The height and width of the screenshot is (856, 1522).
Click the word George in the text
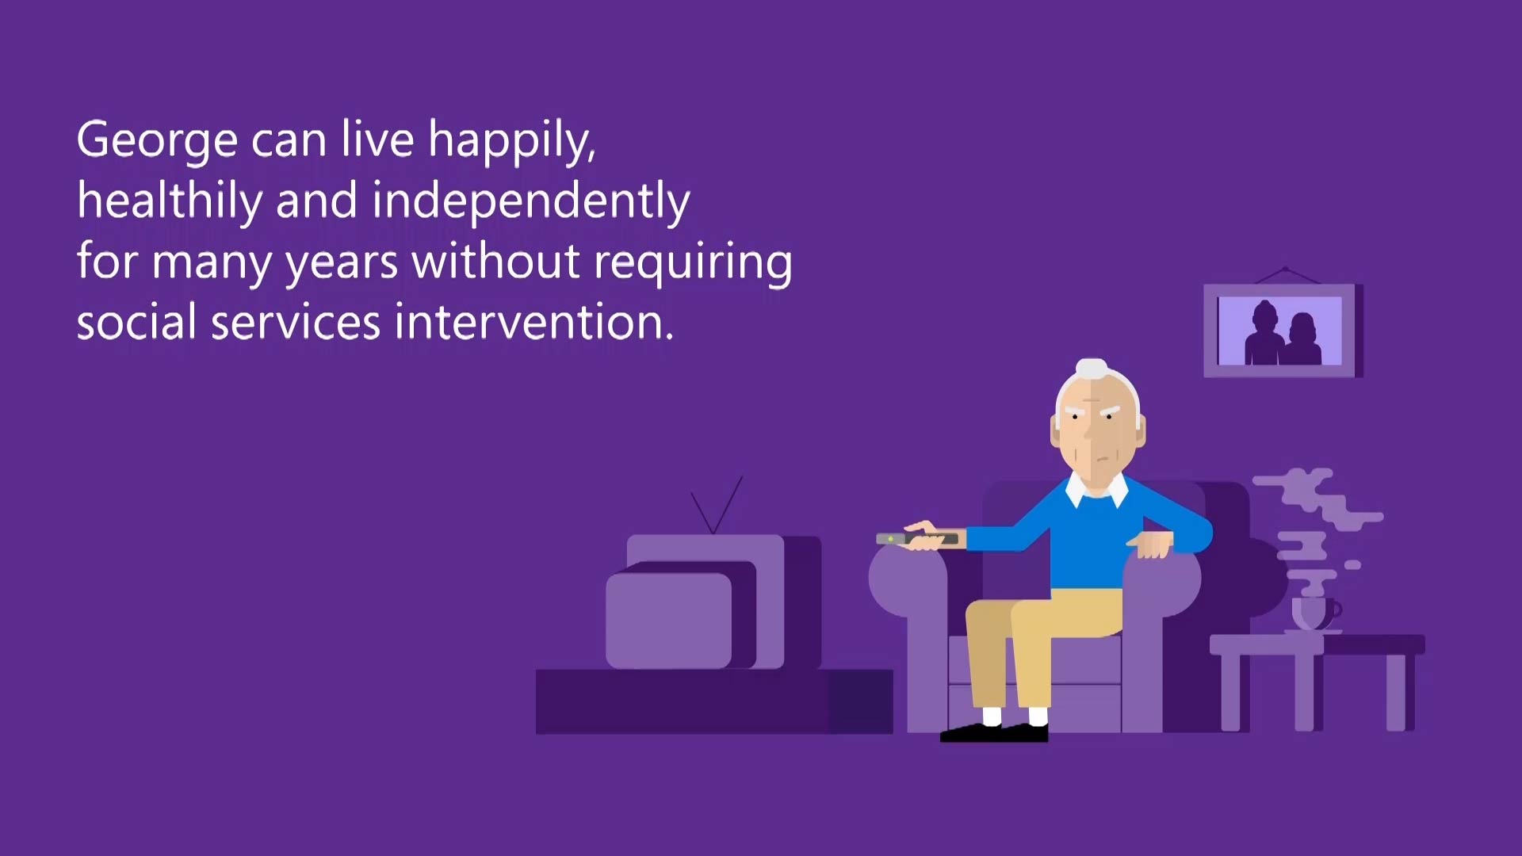(157, 140)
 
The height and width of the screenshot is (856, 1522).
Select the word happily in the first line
(512, 140)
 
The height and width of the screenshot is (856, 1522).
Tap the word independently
(531, 201)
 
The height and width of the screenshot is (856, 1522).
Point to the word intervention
(533, 323)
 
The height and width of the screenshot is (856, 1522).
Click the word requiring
(693, 262)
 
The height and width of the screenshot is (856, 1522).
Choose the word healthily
(170, 201)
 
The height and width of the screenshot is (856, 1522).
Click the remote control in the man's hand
(917, 539)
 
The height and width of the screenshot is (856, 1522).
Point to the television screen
(668, 621)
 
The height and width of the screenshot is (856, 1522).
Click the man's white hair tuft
(1092, 369)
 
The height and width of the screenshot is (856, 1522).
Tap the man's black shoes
(994, 732)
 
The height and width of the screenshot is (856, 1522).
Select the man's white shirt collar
(1097, 489)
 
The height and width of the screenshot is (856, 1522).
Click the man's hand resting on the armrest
(1150, 545)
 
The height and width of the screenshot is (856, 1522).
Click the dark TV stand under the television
(713, 701)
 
